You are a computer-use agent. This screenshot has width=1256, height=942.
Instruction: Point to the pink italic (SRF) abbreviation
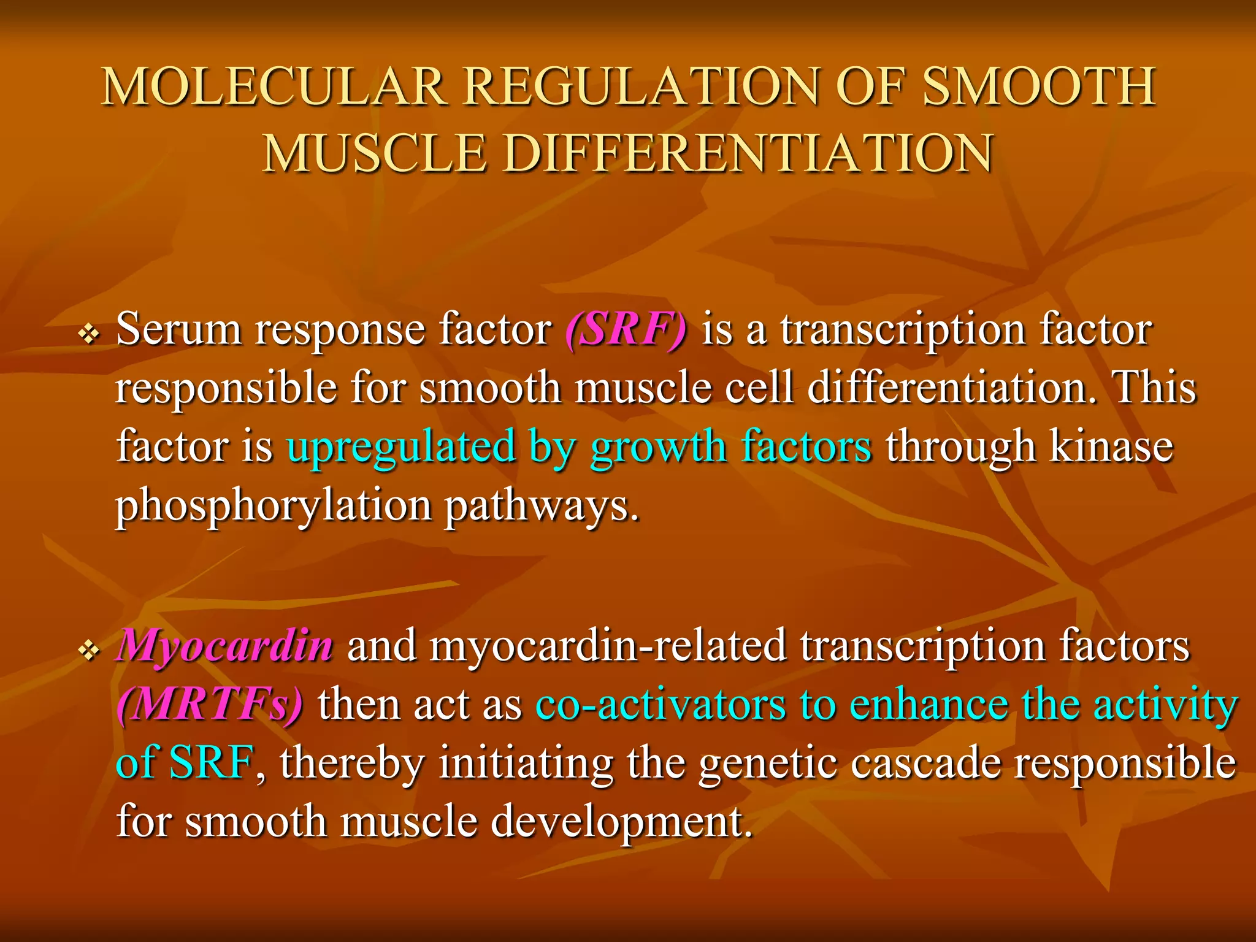(x=626, y=330)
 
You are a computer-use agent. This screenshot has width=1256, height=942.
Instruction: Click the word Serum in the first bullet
(x=178, y=330)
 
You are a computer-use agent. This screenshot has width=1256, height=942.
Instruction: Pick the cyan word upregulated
(x=401, y=446)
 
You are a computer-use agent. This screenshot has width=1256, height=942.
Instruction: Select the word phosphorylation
(x=274, y=506)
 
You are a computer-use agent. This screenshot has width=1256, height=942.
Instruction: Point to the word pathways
(x=541, y=506)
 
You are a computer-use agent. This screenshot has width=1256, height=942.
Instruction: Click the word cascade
(x=914, y=762)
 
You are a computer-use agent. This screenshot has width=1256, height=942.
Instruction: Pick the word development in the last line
(x=621, y=822)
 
